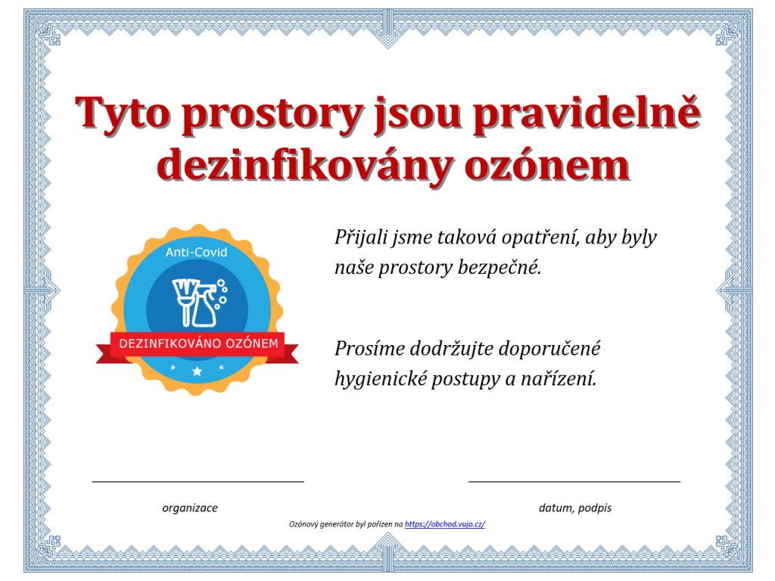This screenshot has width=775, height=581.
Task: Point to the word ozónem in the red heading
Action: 547,165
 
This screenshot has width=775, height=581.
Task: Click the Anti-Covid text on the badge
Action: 196,252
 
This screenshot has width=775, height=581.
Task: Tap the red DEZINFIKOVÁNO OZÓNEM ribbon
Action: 198,345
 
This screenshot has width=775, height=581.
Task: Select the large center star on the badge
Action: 198,371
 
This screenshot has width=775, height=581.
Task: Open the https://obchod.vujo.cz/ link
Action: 445,524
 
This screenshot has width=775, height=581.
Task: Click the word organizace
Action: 190,508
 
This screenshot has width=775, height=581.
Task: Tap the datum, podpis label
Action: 575,508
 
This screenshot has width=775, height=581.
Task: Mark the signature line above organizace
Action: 198,480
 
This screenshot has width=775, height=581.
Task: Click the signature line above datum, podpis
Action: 574,480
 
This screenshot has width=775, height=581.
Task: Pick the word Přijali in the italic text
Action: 361,238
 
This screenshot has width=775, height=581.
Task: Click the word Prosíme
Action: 369,349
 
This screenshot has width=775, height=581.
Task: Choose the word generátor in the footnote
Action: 337,524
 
